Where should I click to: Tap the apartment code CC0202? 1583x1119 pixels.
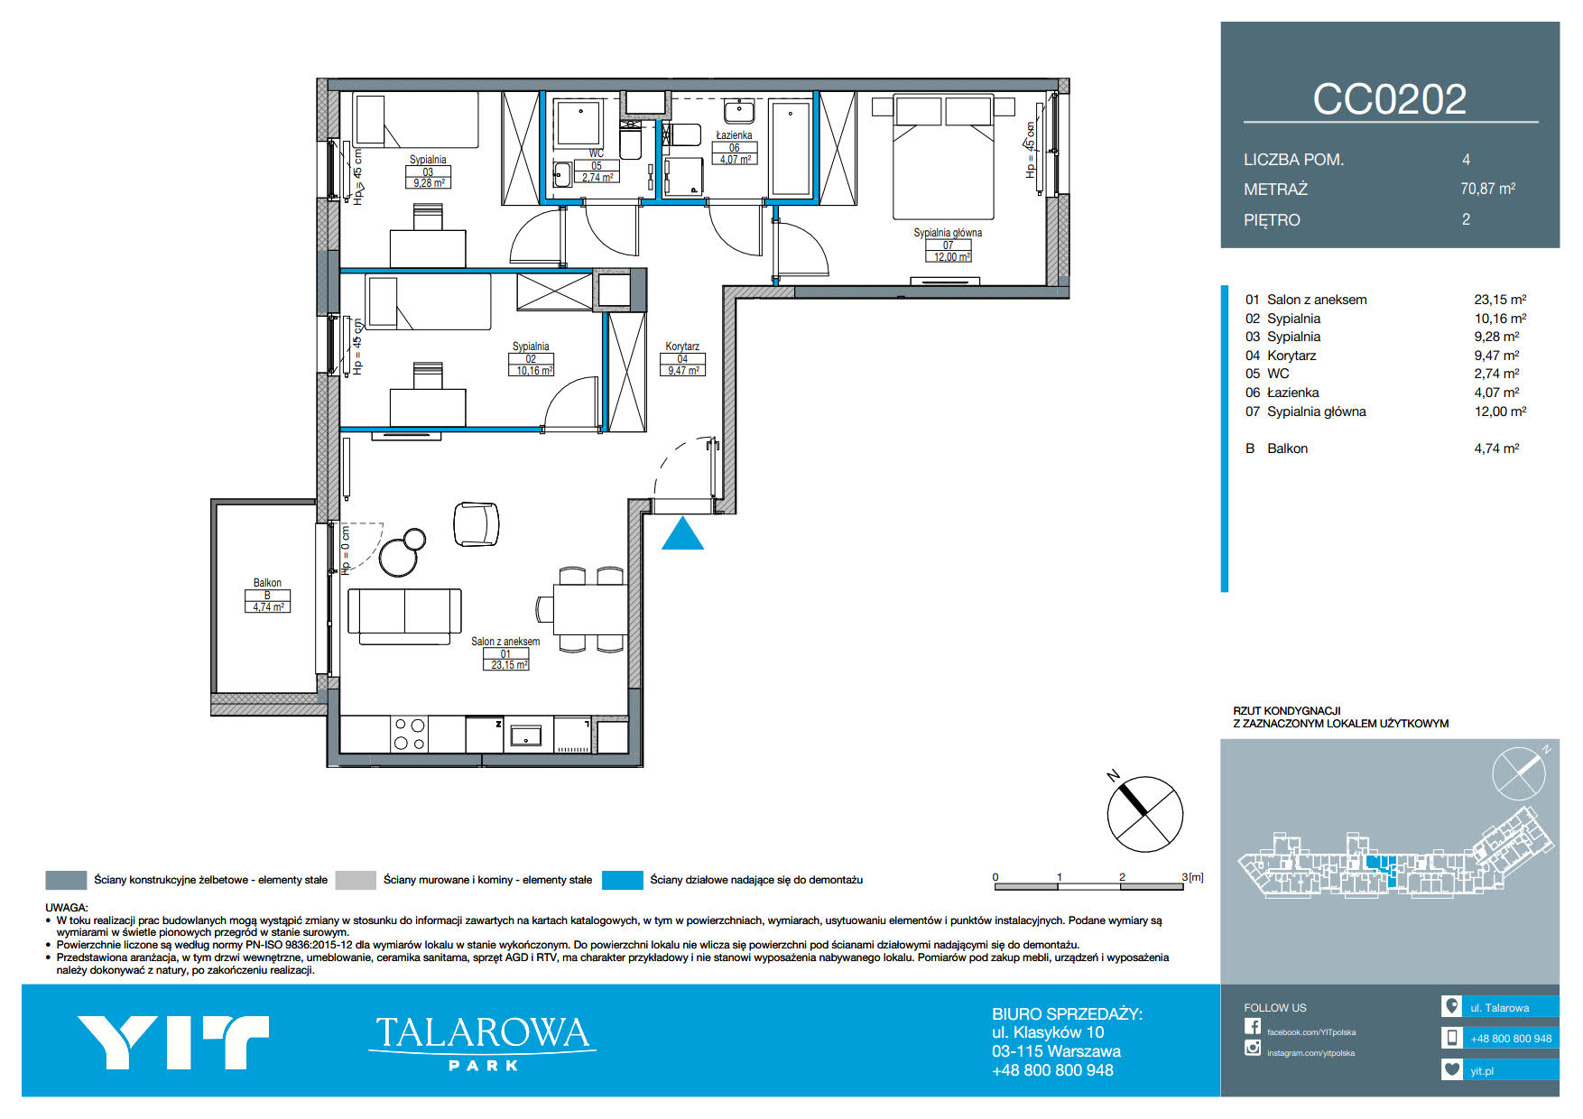[1389, 99]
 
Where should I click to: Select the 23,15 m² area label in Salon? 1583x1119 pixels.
[510, 665]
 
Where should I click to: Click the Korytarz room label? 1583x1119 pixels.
[682, 347]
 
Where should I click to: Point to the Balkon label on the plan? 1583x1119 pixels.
[267, 583]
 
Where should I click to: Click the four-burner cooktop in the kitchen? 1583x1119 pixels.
[409, 735]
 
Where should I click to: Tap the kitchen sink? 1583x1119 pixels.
[526, 735]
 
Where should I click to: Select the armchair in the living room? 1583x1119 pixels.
[477, 523]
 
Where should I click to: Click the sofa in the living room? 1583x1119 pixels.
[404, 616]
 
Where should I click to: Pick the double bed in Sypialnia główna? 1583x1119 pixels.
[943, 157]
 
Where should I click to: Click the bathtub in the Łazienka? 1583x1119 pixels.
[791, 149]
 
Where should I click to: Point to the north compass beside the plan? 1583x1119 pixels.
[1144, 813]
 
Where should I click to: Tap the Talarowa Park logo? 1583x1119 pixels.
[482, 1042]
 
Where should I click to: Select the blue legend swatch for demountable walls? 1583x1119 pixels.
[622, 880]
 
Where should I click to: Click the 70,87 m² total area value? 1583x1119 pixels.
[1488, 189]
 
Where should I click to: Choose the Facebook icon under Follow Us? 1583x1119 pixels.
[1253, 1026]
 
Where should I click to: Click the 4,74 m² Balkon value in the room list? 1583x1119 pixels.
[1496, 448]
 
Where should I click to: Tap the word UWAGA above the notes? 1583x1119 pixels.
[67, 908]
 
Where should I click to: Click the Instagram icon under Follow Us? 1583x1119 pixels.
[1253, 1048]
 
